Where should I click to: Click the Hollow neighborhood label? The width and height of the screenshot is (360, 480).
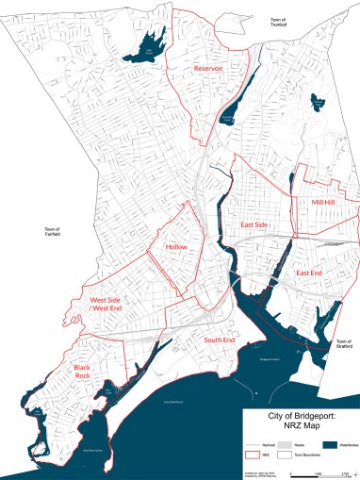click(x=176, y=247)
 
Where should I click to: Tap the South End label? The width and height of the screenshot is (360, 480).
click(x=219, y=339)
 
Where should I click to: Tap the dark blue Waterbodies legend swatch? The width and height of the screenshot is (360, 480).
click(x=330, y=444)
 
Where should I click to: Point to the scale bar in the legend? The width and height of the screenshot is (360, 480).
click(x=320, y=471)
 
